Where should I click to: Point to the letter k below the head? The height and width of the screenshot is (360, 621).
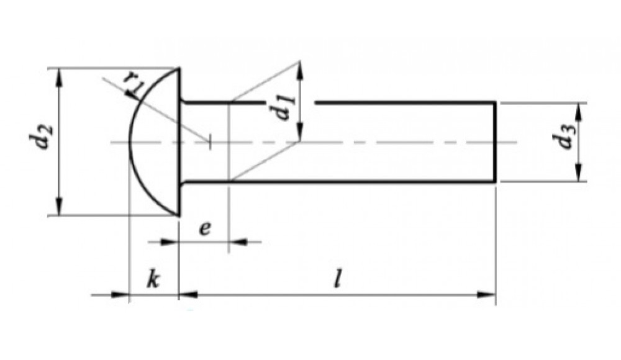click(x=153, y=279)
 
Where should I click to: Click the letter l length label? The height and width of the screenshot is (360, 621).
click(x=337, y=279)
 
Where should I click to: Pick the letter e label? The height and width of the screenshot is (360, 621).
click(x=205, y=228)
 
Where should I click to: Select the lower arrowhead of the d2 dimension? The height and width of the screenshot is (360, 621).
click(x=59, y=206)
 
